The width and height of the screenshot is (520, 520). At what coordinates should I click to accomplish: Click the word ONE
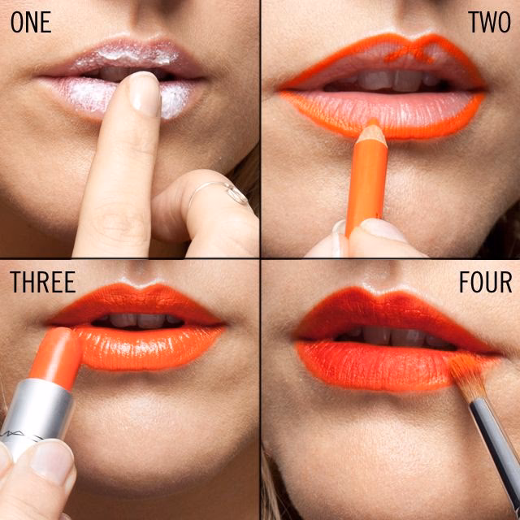click(x=31, y=22)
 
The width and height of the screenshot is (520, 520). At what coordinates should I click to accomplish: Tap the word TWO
click(x=489, y=22)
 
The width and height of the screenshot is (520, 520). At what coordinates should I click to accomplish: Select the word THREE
click(x=42, y=282)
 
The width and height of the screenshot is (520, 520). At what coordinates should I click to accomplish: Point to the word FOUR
click(x=485, y=282)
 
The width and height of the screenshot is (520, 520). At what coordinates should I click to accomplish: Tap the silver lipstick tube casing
click(x=37, y=414)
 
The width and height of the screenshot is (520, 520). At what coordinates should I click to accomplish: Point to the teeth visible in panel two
click(x=382, y=80)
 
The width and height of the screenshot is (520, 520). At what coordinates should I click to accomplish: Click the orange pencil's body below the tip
click(x=365, y=187)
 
